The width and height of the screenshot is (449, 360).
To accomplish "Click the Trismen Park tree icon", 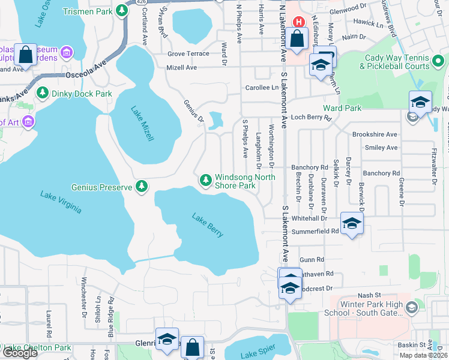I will (122, 10).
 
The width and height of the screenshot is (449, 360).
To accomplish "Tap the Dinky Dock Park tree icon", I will (43, 94).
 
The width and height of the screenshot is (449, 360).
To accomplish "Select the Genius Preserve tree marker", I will (142, 187).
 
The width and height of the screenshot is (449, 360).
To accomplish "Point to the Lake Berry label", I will (208, 224).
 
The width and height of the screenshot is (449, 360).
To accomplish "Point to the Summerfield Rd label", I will (315, 231).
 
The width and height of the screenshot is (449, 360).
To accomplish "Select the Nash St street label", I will (369, 295).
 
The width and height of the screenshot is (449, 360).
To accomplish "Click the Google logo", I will (20, 352).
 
